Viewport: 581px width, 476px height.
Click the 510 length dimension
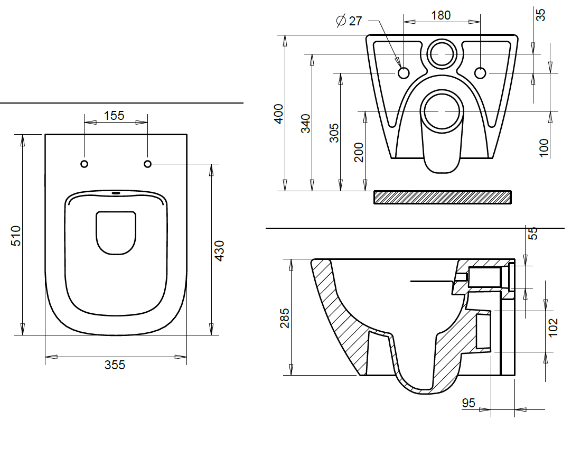click(16, 236)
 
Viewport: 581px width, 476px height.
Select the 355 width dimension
click(115, 365)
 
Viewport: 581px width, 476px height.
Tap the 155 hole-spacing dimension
click(114, 116)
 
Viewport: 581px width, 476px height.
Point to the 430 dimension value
click(219, 251)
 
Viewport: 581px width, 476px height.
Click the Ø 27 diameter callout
click(349, 21)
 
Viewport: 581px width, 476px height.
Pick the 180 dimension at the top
click(441, 15)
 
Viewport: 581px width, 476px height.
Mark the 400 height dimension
click(279, 114)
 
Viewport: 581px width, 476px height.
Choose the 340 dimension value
click(306, 124)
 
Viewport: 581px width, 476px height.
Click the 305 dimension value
click(334, 133)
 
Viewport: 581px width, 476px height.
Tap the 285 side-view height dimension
click(285, 318)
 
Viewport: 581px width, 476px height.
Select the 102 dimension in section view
click(553, 328)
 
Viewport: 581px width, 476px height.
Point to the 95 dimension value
click(468, 403)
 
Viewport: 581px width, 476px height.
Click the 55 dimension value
click(532, 234)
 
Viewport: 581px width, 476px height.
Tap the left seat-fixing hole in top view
click(85, 164)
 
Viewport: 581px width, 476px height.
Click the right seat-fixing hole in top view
click(147, 164)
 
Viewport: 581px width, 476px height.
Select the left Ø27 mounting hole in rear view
click(404, 73)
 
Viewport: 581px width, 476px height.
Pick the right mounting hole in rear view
click(480, 73)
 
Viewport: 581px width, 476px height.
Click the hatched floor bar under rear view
click(443, 197)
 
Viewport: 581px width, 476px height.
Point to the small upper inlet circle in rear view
click(442, 54)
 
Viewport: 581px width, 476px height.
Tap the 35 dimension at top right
click(541, 15)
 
